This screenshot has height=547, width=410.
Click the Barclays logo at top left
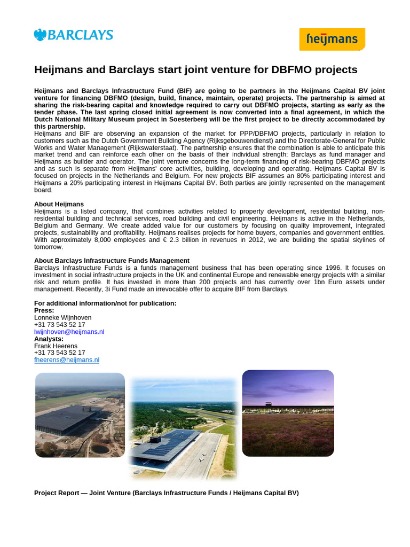click(73, 35)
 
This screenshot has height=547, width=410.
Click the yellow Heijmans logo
click(332, 39)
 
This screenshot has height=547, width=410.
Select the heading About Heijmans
click(59, 204)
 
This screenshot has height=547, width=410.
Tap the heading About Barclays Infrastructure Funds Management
click(112, 261)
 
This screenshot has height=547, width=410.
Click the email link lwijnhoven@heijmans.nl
click(69, 332)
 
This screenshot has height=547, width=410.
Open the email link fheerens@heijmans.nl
click(67, 360)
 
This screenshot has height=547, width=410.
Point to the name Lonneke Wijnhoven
click(62, 317)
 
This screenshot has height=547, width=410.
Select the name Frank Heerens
click(56, 346)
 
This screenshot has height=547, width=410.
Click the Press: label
click(44, 310)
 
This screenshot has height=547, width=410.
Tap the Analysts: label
click(49, 339)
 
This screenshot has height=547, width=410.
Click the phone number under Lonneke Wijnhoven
click(59, 324)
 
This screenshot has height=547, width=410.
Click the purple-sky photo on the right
click(288, 413)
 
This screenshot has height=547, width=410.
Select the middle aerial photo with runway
click(183, 429)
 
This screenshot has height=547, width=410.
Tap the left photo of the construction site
click(80, 415)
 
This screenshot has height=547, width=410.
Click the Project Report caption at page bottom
click(166, 493)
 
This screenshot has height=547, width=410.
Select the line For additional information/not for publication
click(105, 303)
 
